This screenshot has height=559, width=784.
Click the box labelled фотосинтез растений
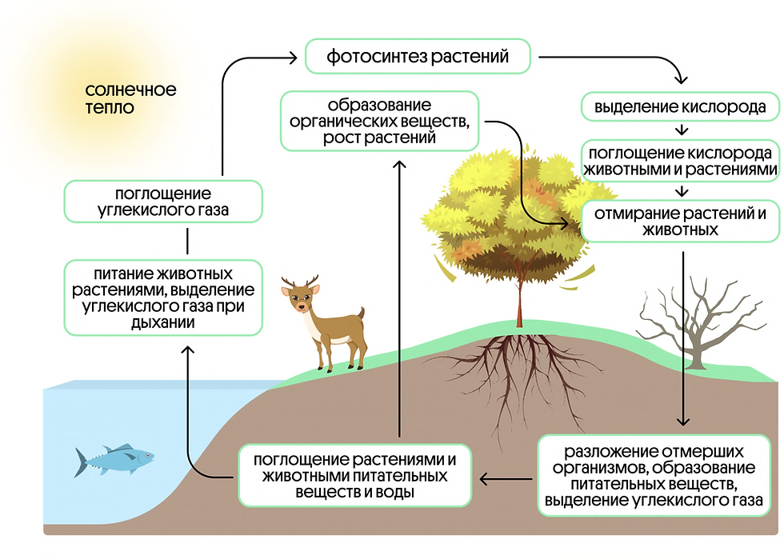(418, 57)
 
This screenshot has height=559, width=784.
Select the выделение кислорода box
(680, 106)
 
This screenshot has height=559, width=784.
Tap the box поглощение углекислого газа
(163, 202)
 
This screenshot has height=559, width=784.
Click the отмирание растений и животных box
(680, 222)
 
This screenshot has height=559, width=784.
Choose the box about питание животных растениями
(163, 296)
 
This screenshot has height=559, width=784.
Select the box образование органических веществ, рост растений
(379, 122)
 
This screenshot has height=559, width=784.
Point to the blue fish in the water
(116, 459)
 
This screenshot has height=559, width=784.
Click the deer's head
(301, 298)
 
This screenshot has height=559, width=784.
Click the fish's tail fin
(82, 461)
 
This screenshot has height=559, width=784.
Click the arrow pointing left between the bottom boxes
(501, 480)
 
